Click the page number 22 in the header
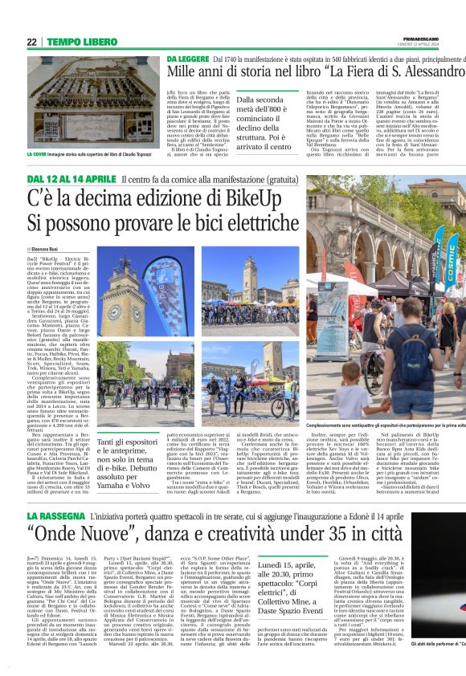tap(31, 42)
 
